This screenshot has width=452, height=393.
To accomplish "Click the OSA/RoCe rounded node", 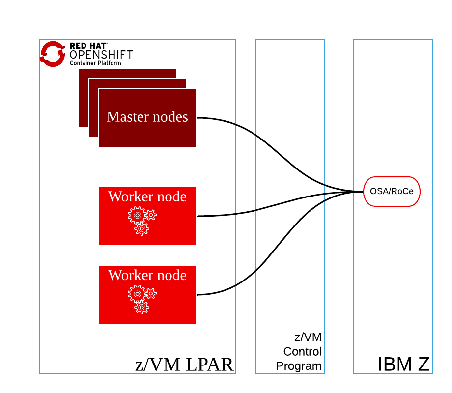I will (392, 192).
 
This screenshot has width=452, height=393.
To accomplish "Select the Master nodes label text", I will (147, 117).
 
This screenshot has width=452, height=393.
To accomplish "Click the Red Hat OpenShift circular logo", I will (53, 54).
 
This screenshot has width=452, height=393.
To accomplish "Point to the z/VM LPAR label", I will (184, 365).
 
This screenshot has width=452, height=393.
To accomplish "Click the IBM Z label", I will (403, 365).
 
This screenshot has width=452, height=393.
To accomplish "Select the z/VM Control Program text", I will (300, 352).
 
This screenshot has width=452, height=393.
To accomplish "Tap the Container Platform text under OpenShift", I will (95, 63).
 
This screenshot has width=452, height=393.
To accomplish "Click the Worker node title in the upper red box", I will (147, 196).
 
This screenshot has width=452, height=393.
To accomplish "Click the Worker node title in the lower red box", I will (147, 275).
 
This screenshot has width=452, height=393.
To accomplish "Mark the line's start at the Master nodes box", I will (198, 118).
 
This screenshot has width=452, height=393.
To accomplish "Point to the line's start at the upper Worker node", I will (198, 216).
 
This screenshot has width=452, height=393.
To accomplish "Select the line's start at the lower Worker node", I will (198, 294).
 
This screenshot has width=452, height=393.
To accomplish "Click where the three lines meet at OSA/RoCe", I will (361, 192).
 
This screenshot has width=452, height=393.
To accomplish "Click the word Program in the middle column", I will (299, 366).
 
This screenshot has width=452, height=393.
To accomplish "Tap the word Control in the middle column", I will (302, 352).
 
